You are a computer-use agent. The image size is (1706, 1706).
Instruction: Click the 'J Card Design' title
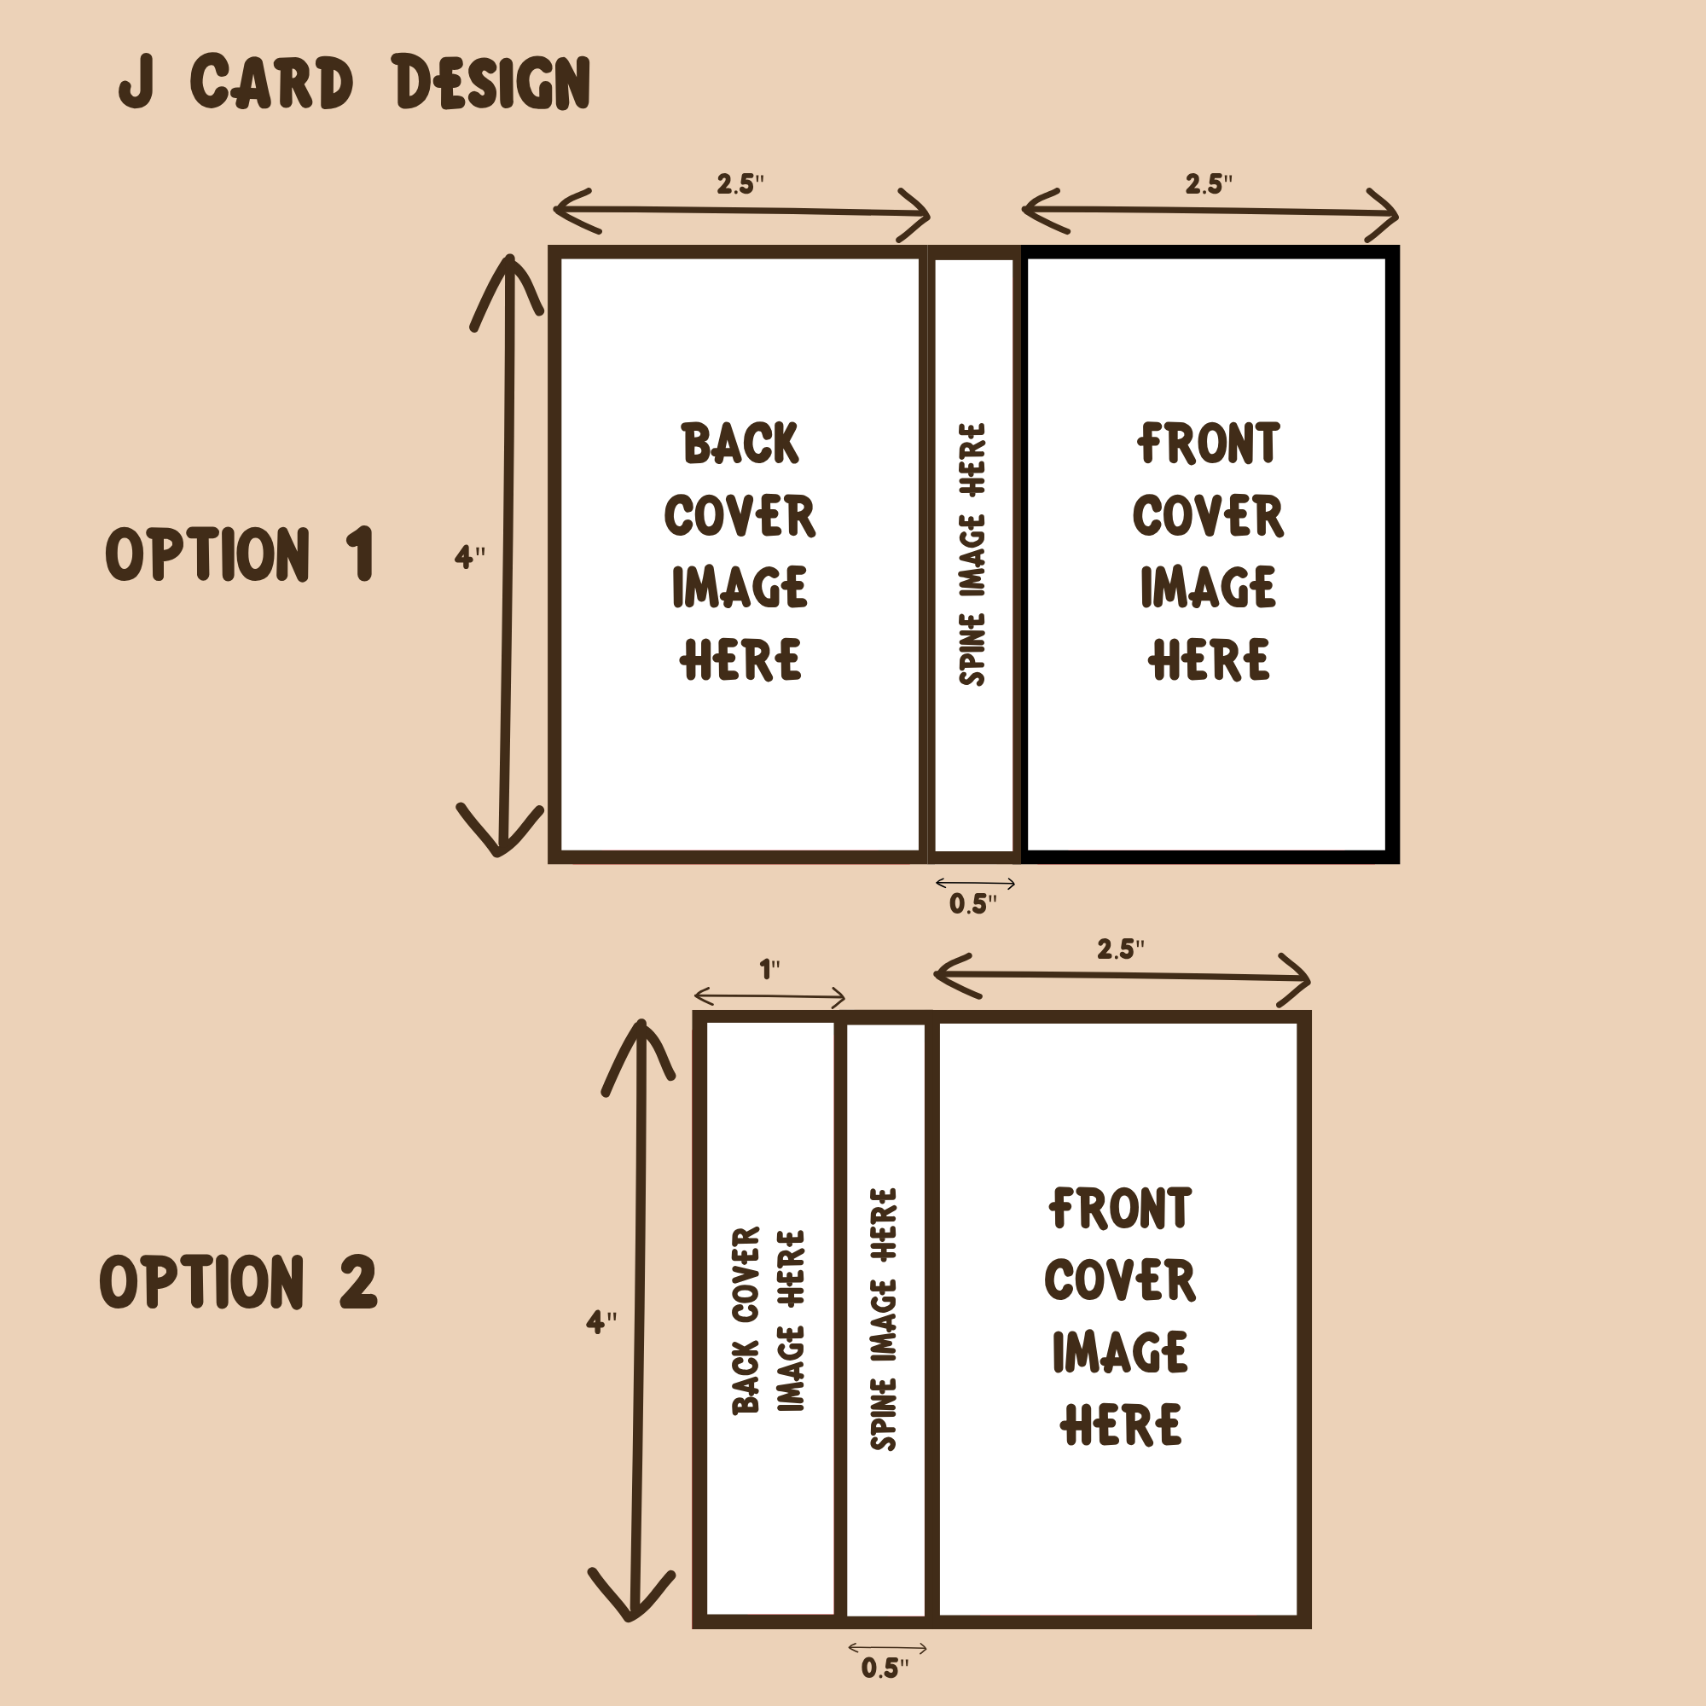354,82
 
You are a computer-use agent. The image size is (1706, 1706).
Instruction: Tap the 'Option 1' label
240,554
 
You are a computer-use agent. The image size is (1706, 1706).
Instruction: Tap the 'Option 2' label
239,1281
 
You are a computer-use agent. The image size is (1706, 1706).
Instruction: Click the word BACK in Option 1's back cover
740,444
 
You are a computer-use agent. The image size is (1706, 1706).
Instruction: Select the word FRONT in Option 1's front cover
1208,444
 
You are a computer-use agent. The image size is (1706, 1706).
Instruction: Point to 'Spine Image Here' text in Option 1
972,554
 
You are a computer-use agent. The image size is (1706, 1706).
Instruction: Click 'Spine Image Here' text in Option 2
884,1320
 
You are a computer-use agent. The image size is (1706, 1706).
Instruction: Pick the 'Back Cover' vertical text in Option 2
746,1321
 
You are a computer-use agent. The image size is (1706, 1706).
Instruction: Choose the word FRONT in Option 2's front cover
1120,1209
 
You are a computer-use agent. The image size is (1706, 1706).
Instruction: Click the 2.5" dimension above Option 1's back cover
740,184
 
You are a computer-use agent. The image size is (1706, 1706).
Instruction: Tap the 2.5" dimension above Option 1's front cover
1208,184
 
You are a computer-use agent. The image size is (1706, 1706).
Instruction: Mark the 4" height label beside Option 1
470,557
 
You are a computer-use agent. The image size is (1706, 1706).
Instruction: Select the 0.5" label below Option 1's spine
973,903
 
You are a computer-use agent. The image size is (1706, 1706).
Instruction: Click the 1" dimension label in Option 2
770,970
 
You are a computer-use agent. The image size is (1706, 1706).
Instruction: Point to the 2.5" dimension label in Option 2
1121,949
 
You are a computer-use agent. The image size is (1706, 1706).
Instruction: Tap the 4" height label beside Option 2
601,1322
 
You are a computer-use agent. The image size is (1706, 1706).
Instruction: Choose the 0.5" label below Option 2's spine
885,1668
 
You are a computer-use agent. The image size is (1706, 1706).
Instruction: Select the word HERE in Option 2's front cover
1121,1425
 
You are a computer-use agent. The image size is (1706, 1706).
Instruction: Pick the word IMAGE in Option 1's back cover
740,587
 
